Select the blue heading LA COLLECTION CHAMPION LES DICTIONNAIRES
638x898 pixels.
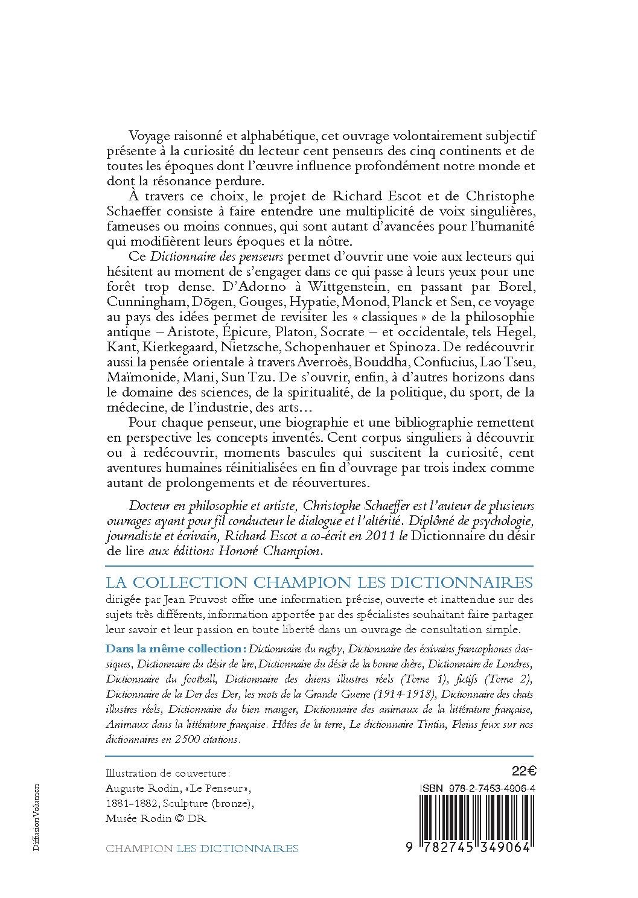point(319,582)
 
